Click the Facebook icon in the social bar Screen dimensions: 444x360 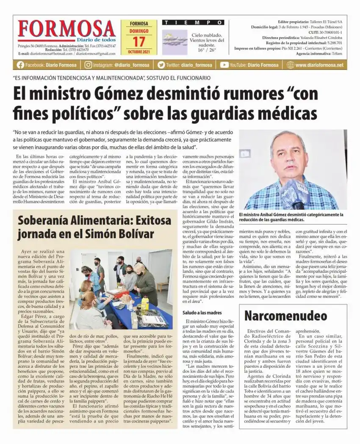pos(20,65)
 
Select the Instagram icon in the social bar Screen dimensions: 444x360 pos(88,65)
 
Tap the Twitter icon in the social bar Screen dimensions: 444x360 pos(161,65)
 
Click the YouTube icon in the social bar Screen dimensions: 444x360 pos(224,65)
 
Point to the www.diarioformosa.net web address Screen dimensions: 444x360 pos(319,65)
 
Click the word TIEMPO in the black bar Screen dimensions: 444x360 pos(193,22)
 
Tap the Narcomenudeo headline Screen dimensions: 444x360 pos(286,316)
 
